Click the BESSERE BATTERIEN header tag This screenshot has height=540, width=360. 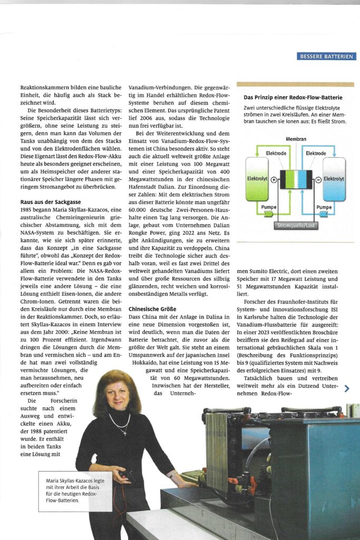[326, 56]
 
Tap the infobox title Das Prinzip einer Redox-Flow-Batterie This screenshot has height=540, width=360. [293, 98]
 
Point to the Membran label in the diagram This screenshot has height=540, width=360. [296, 139]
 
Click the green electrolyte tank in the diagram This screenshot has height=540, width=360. [257, 179]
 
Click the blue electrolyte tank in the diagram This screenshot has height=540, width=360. [334, 179]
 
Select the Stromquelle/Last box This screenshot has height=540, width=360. [296, 225]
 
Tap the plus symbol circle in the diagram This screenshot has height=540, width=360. [274, 179]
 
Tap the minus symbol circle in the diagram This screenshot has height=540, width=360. [318, 179]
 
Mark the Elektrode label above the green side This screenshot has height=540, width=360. [276, 153]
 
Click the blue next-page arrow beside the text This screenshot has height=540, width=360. [346, 389]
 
